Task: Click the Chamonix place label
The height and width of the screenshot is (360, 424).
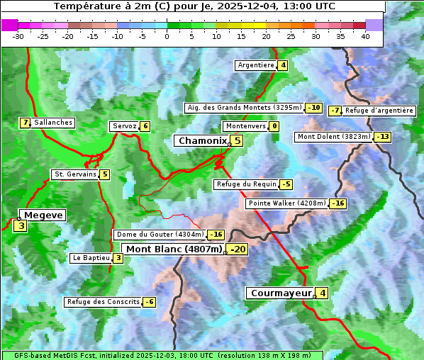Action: point(202,141)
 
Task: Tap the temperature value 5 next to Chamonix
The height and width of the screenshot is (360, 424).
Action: point(238,141)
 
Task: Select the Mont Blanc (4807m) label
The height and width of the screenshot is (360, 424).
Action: point(174,249)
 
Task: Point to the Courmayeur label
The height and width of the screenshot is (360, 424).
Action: point(281,293)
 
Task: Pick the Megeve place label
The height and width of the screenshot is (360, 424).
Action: point(43,215)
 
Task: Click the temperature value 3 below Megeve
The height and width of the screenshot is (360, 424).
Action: point(21,227)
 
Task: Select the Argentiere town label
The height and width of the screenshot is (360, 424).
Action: point(256,65)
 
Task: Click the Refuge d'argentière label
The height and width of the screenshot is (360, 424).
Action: point(379,111)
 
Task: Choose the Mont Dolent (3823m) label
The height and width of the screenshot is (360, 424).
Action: point(333,137)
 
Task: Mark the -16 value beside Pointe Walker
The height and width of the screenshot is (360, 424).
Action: point(338,203)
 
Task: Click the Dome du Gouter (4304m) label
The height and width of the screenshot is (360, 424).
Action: point(160,235)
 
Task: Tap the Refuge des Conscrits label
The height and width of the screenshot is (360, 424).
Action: point(103,302)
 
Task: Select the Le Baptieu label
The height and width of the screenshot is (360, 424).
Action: point(91,258)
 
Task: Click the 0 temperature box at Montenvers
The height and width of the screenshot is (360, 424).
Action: point(274,126)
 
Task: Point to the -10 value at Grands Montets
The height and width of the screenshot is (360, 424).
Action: point(314,108)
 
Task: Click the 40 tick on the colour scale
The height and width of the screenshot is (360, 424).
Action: point(365,36)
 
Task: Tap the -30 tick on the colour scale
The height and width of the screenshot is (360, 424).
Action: point(18,36)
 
